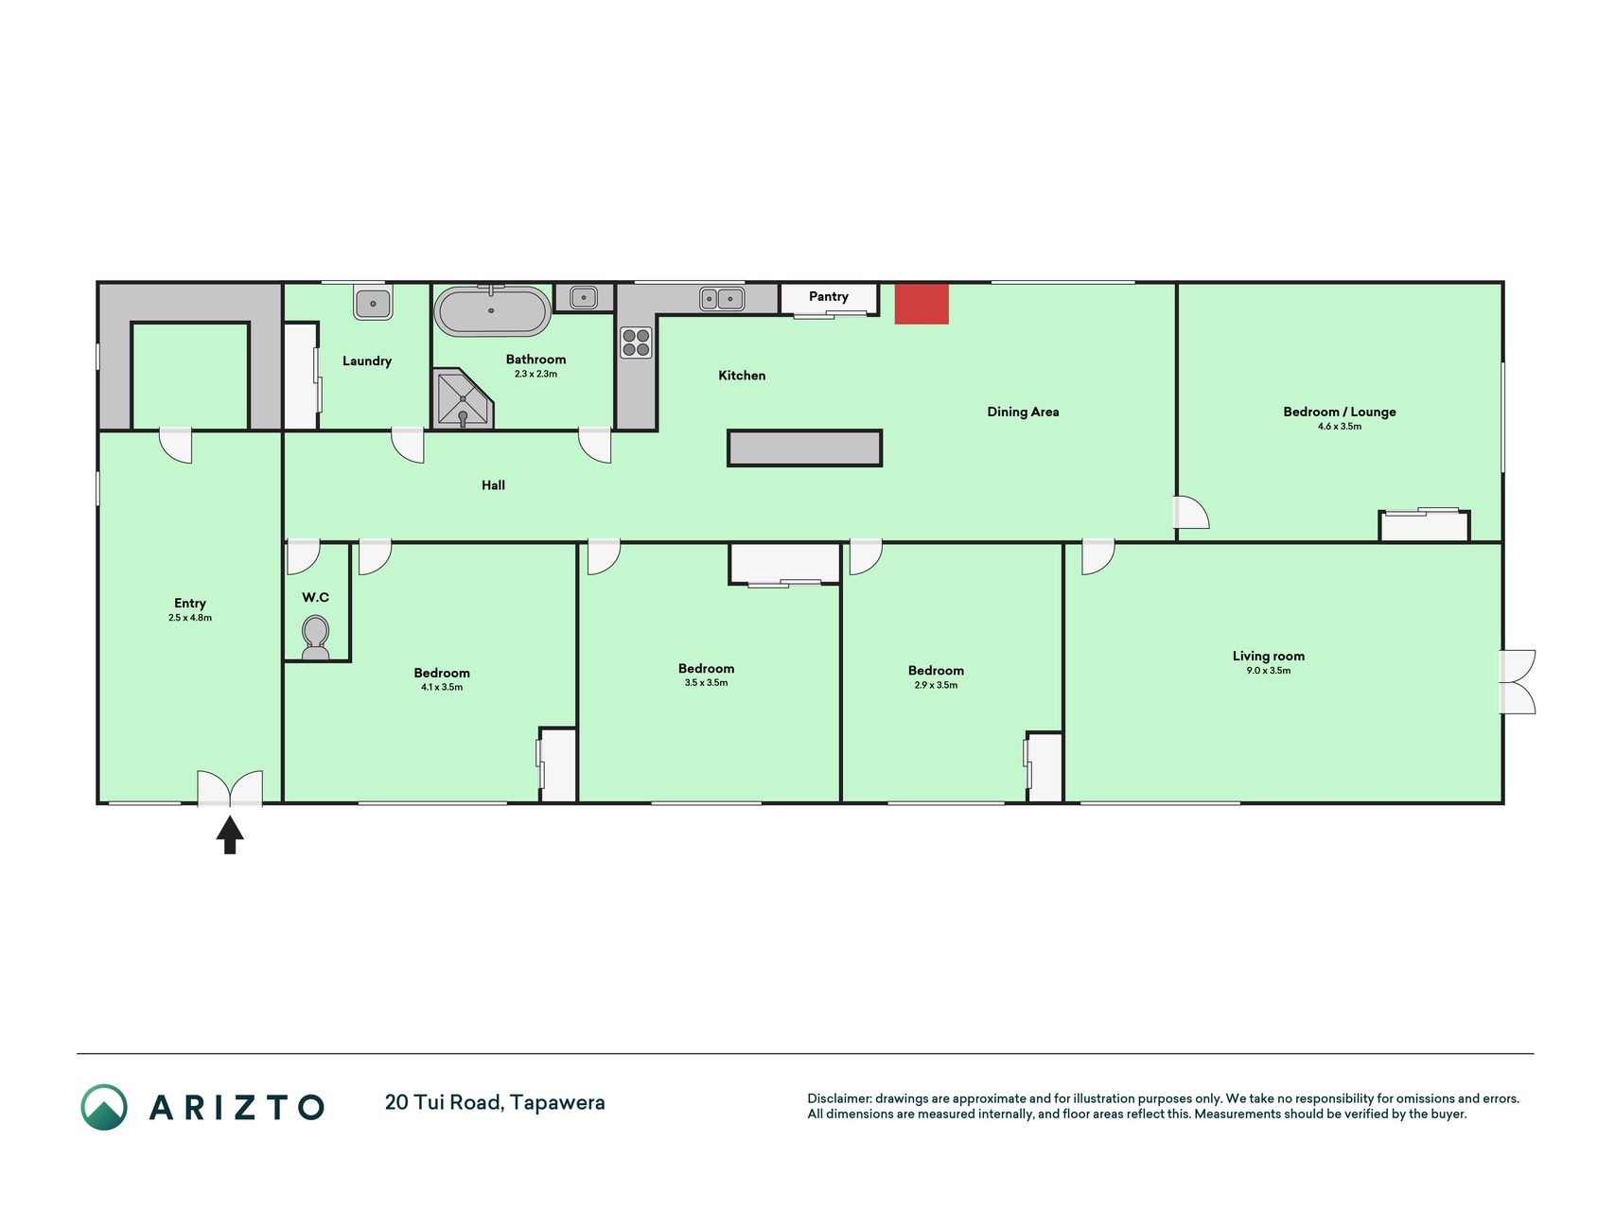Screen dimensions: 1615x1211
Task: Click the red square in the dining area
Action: click(922, 304)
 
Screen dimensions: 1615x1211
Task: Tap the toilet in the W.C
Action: click(315, 638)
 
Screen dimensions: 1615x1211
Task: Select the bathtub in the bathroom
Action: click(492, 310)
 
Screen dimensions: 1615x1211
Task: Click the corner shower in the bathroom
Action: click(463, 398)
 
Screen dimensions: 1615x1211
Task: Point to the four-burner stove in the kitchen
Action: click(636, 342)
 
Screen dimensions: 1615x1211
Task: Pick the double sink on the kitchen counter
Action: click(722, 299)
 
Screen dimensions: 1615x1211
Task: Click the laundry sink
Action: click(373, 304)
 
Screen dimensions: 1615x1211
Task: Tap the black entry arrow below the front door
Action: click(230, 835)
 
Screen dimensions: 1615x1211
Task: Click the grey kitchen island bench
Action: click(804, 448)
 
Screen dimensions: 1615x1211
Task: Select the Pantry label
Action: click(829, 296)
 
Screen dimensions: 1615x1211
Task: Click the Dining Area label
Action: click(1023, 412)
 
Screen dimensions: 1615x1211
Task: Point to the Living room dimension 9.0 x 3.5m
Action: click(1268, 671)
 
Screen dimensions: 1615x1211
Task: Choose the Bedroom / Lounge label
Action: click(1340, 412)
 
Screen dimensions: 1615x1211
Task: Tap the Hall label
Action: click(493, 485)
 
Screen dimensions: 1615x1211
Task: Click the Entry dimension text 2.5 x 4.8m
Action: click(190, 618)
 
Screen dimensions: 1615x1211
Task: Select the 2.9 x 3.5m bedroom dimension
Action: click(936, 685)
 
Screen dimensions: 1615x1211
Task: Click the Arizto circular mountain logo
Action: click(104, 1107)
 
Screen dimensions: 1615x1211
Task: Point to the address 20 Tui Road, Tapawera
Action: click(495, 1102)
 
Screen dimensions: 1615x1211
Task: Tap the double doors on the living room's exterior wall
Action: click(1518, 681)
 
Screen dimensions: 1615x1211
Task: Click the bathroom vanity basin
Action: click(583, 298)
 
